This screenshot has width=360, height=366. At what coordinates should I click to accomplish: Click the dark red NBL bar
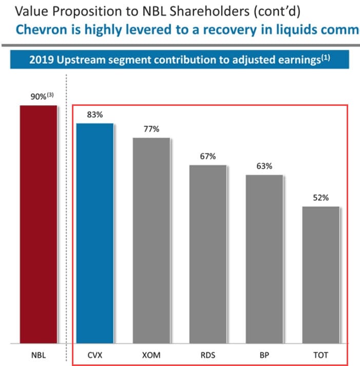coord(39,224)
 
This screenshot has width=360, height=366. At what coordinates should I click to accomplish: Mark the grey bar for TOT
coord(320,274)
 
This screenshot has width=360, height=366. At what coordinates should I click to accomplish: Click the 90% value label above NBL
coord(39,97)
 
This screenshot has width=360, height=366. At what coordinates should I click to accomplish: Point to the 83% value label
coord(95,115)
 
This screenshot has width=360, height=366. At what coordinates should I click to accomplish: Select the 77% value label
coord(151,129)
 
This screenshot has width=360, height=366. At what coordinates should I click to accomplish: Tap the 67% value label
coord(207,156)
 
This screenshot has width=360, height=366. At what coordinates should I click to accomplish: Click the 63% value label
coord(264,166)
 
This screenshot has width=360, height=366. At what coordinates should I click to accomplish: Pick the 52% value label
coord(320,197)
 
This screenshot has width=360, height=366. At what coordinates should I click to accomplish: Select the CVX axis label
coord(95,355)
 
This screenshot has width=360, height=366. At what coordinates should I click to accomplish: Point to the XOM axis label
coord(151,355)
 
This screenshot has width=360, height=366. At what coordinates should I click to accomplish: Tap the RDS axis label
coord(207,355)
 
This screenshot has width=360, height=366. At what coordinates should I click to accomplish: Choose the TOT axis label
coord(320,355)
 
